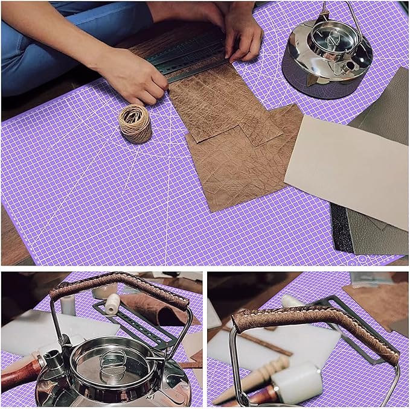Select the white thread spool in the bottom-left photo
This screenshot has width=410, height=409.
[112, 304]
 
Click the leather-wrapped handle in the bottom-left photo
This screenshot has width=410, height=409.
[121, 287]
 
